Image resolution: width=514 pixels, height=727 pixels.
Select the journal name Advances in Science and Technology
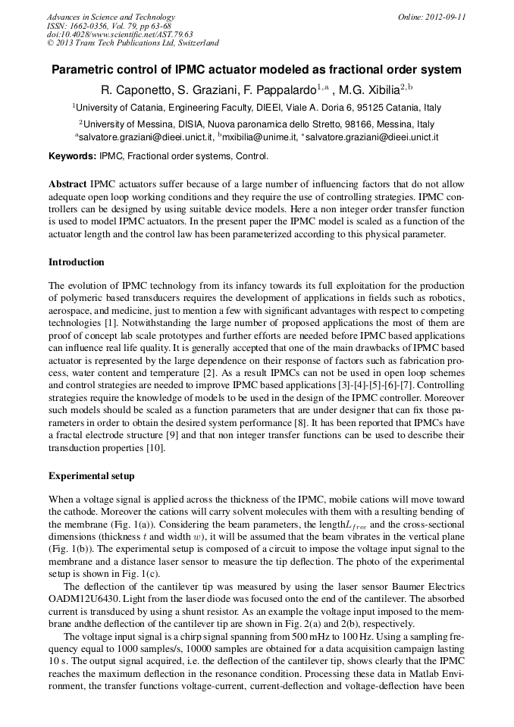coord(111,17)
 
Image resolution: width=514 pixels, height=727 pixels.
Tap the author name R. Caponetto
coord(145,89)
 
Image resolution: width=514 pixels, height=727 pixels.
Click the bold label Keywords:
coord(73,156)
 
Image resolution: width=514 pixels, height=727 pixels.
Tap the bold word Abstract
coord(67,184)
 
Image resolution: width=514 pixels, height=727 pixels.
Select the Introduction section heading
coord(77,262)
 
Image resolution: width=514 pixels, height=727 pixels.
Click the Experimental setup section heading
coord(91,476)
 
